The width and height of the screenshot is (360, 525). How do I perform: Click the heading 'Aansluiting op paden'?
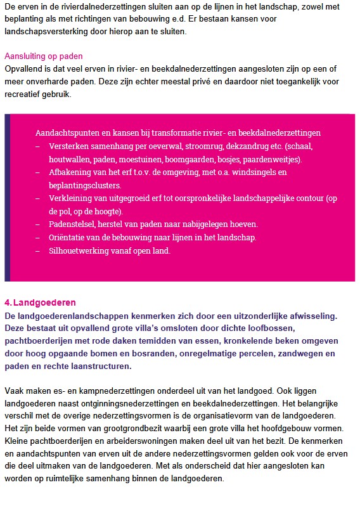(x=44, y=56)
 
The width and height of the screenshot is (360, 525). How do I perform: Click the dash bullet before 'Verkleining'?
(x=38, y=198)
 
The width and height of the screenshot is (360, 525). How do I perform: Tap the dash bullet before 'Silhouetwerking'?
(x=38, y=250)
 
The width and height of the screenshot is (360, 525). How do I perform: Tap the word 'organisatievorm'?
(x=229, y=415)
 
